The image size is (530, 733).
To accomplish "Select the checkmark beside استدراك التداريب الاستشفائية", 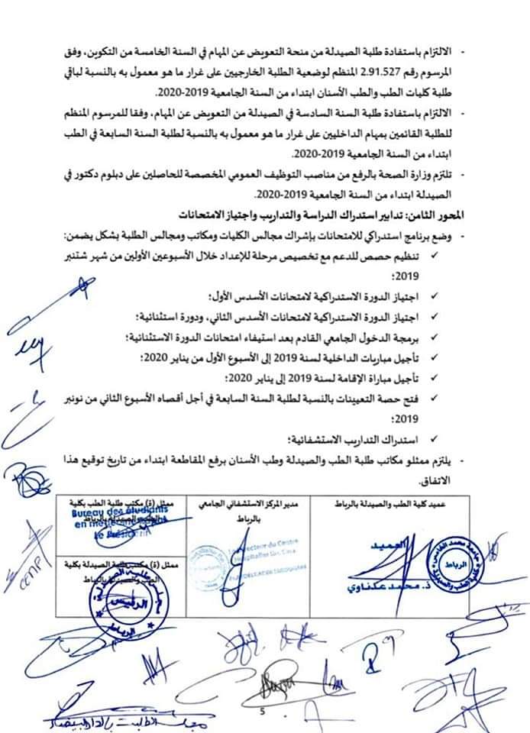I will click(435, 439).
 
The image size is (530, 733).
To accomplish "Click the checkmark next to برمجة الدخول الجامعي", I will click(435, 335).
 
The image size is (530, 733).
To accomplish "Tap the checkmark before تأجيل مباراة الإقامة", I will click(435, 378).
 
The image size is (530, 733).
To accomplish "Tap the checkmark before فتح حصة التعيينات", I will click(435, 398).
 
